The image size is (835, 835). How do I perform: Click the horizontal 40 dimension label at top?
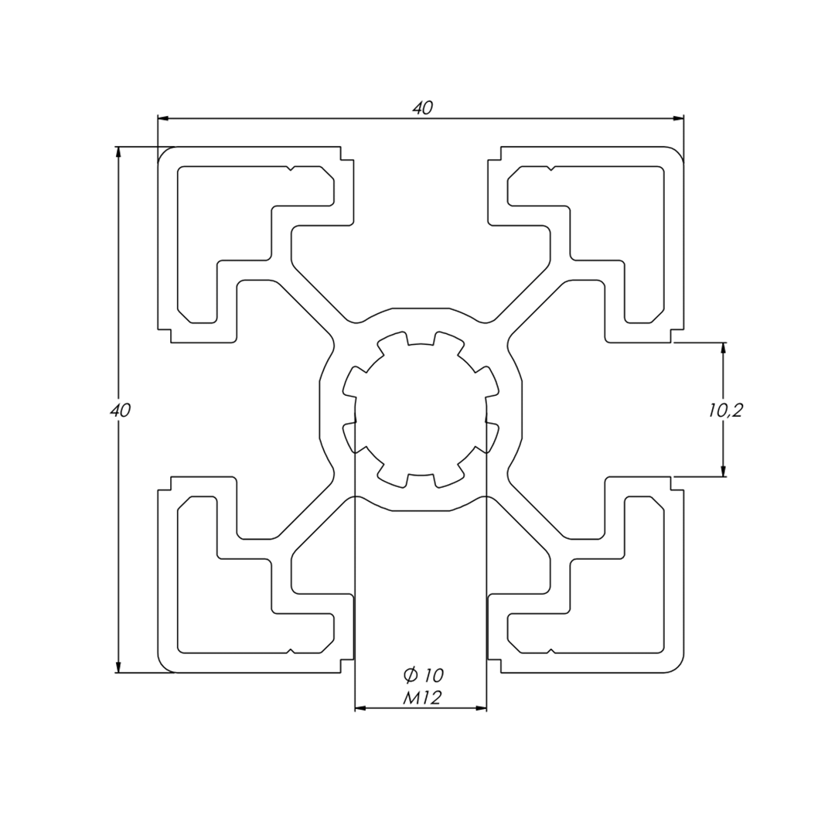tap(423, 108)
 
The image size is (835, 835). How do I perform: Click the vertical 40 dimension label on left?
tap(121, 410)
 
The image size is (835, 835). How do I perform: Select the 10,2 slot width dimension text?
tap(725, 411)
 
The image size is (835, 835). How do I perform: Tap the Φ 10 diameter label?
tap(424, 675)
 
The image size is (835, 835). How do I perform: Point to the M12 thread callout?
tap(422, 697)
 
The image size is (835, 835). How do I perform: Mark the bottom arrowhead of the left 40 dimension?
tap(118, 666)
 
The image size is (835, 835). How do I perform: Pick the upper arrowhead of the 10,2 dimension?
tap(723, 349)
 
